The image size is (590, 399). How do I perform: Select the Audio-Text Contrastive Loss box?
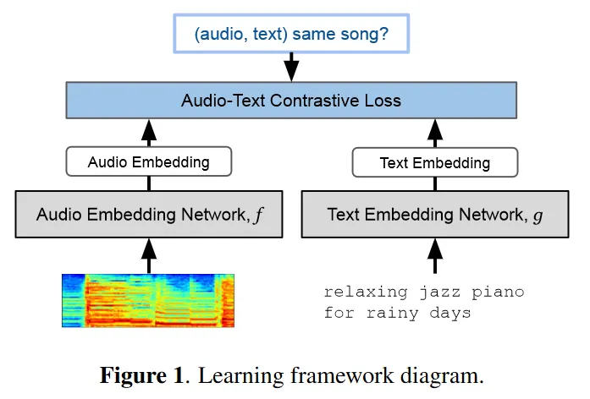point(291,100)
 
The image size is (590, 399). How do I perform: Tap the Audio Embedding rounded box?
point(148,162)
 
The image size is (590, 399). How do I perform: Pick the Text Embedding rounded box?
point(434,162)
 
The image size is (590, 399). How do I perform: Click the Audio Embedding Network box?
point(150,214)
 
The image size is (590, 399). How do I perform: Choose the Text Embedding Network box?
point(435,214)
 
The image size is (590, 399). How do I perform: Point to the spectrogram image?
point(147,299)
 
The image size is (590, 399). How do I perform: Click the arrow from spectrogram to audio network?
point(149,254)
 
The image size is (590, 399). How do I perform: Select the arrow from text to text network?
point(435,254)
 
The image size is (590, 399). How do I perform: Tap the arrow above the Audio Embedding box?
point(149,132)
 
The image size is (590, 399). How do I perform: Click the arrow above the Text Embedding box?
point(435,132)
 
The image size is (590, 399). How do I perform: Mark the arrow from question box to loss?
point(291,66)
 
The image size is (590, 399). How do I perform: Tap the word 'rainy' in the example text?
point(388,313)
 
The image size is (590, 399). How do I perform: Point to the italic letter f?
point(259,215)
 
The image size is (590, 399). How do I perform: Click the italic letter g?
point(537,216)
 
